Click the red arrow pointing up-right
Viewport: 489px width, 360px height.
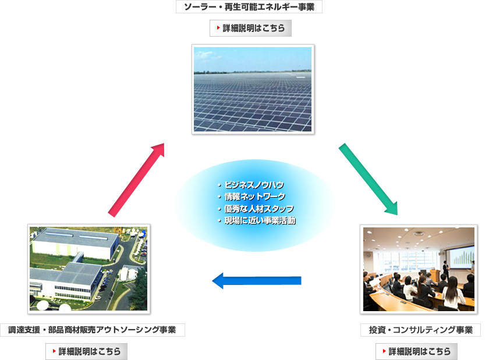pyautogui.click(x=136, y=180)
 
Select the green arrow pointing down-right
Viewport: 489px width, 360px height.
pyautogui.click(x=368, y=179)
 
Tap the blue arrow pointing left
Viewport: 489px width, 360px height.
pyautogui.click(x=257, y=280)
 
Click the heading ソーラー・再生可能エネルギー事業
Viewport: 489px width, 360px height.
pyautogui.click(x=249, y=7)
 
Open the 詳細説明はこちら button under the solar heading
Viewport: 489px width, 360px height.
pyautogui.click(x=250, y=28)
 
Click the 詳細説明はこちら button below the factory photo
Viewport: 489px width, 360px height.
pyautogui.click(x=86, y=351)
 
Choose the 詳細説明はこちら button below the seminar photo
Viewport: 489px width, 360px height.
pyautogui.click(x=416, y=351)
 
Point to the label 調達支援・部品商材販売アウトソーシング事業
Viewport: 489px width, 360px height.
pyautogui.click(x=93, y=330)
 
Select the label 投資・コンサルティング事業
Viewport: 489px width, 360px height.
pyautogui.click(x=420, y=330)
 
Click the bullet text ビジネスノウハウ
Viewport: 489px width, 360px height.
pyautogui.click(x=254, y=185)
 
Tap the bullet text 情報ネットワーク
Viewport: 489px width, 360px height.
pyautogui.click(x=255, y=197)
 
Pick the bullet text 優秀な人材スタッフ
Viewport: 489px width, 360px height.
pyautogui.click(x=259, y=209)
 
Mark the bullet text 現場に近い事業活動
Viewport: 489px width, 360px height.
pyautogui.click(x=260, y=220)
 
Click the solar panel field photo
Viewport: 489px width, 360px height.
pyautogui.click(x=253, y=89)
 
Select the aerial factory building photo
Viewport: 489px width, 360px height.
pyautogui.click(x=89, y=269)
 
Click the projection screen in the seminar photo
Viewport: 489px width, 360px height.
pyautogui.click(x=462, y=256)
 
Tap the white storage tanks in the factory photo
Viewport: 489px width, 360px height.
pyautogui.click(x=128, y=274)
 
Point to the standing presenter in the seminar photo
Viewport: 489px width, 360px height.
pyautogui.click(x=447, y=270)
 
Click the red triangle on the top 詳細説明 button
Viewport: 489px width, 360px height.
pyautogui.click(x=218, y=28)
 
